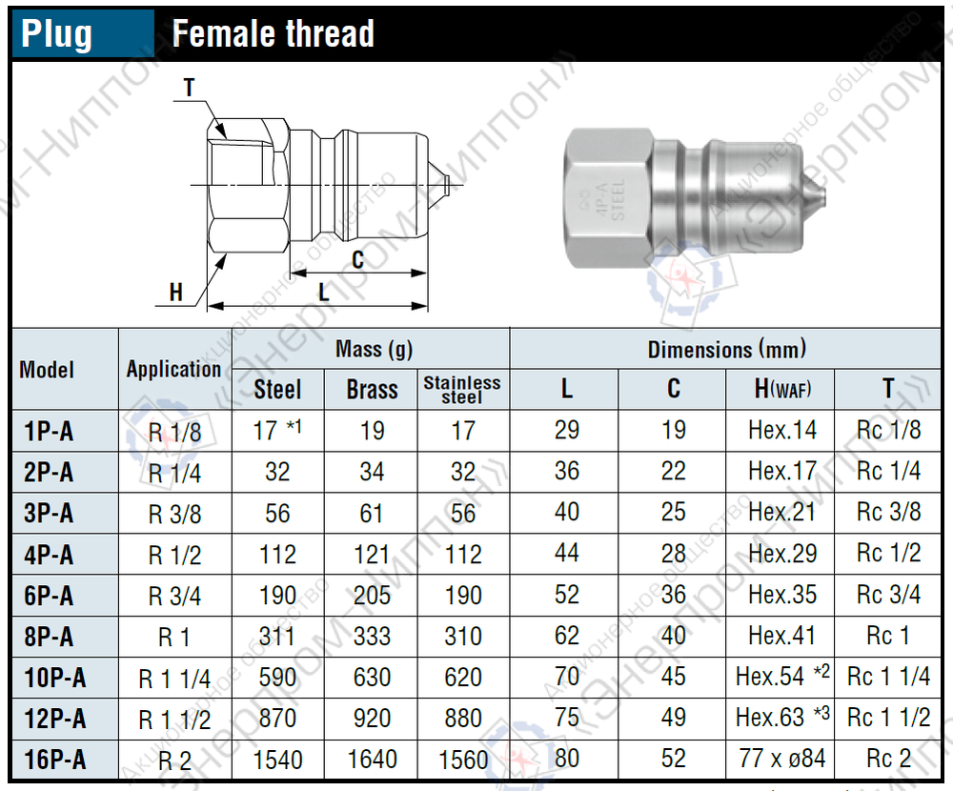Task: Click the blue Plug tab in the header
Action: coord(83,33)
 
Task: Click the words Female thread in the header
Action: coord(273,33)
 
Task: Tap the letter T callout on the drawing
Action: coord(189,88)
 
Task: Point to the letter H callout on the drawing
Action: coord(176,293)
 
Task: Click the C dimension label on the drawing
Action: coord(357,260)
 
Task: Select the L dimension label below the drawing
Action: coord(324,293)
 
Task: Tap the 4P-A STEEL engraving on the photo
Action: coord(610,201)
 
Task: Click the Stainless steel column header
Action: coord(462,389)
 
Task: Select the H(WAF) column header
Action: coord(782,389)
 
